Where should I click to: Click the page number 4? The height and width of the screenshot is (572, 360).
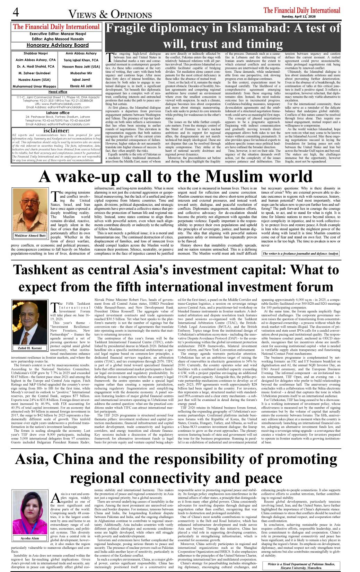[16, 12]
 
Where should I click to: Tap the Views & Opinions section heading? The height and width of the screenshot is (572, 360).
[110, 14]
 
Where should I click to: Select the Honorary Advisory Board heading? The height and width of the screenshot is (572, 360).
[58, 45]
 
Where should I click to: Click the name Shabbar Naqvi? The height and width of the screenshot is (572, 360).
[31, 53]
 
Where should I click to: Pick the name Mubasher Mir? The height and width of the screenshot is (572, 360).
[81, 73]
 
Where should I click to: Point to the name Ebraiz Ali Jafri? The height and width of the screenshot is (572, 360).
[81, 86]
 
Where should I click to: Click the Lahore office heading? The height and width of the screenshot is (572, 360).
[58, 113]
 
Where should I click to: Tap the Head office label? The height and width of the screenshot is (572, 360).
[58, 92]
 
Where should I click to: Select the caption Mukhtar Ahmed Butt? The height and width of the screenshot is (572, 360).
[30, 235]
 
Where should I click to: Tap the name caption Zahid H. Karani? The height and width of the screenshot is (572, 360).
[30, 348]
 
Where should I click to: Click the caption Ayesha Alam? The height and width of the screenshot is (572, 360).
[30, 538]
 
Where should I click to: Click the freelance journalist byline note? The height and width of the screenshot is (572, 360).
[300, 253]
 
